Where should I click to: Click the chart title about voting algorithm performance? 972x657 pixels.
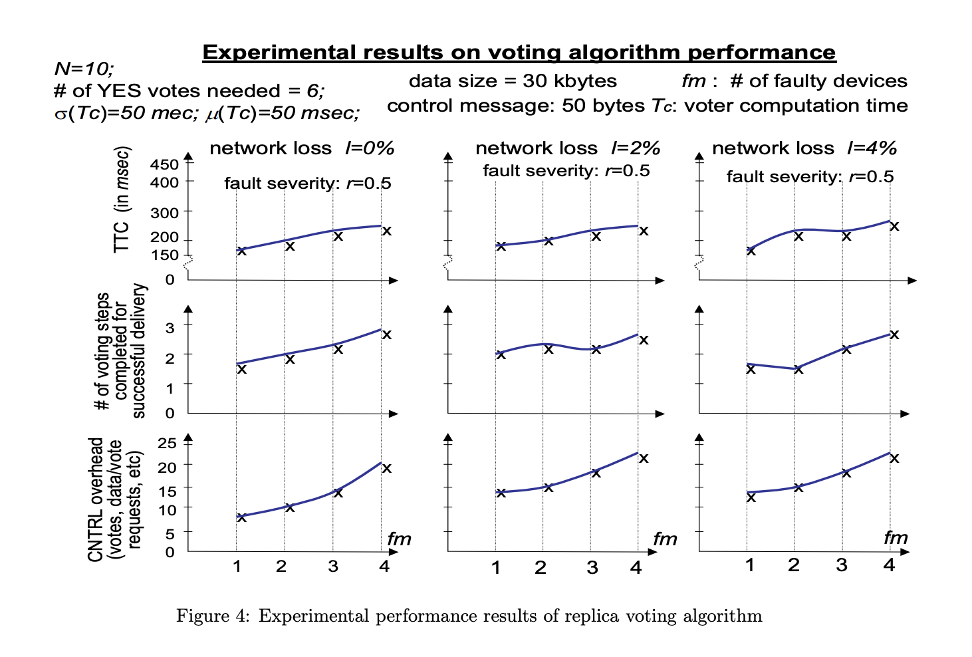pyautogui.click(x=519, y=53)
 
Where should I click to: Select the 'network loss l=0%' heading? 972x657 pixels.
pyautogui.click(x=302, y=148)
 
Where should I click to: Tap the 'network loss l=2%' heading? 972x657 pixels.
pyautogui.click(x=568, y=148)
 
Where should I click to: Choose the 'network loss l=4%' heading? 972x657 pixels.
pyautogui.click(x=804, y=148)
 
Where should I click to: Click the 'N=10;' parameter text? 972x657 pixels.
pyautogui.click(x=84, y=68)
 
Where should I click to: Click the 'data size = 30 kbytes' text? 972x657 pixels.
pyautogui.click(x=513, y=81)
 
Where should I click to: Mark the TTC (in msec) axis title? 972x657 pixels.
pyautogui.click(x=122, y=199)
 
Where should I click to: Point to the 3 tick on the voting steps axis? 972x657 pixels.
pyautogui.click(x=170, y=327)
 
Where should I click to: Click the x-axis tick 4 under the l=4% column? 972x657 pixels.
pyautogui.click(x=889, y=565)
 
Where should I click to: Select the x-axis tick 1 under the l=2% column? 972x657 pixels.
pyautogui.click(x=495, y=568)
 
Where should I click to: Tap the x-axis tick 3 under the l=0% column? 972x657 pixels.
pyautogui.click(x=333, y=566)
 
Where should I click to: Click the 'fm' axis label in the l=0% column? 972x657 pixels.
pyautogui.click(x=399, y=539)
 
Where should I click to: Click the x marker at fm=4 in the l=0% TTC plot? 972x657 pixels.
pyautogui.click(x=386, y=231)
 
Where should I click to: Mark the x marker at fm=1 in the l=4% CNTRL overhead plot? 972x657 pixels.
pyautogui.click(x=751, y=497)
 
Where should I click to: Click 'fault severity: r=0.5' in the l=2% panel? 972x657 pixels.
pyautogui.click(x=566, y=171)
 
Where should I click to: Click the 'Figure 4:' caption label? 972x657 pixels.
pyautogui.click(x=212, y=616)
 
